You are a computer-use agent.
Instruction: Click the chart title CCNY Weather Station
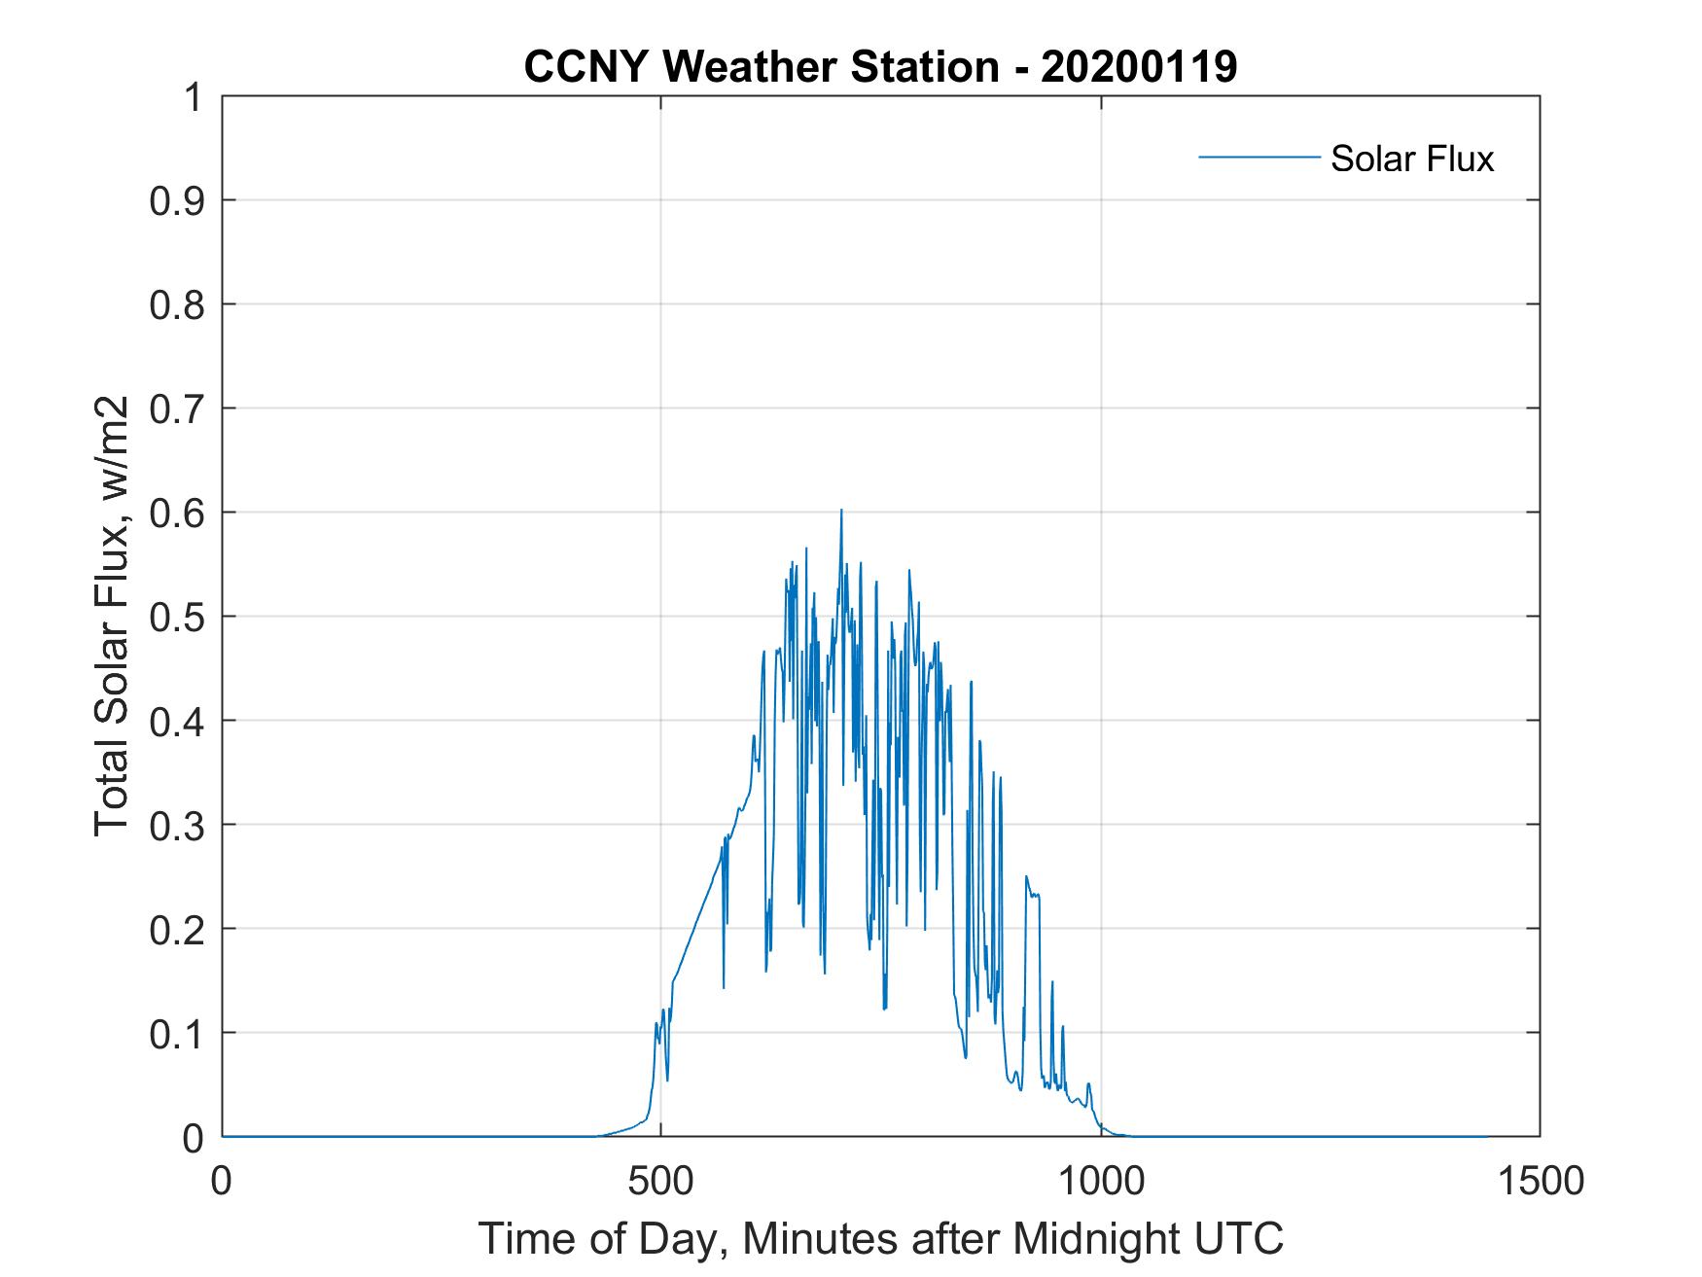click(880, 67)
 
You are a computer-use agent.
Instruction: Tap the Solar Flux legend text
click(1411, 159)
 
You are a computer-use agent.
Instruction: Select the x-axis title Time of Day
click(880, 1238)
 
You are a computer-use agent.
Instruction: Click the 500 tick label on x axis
click(661, 1182)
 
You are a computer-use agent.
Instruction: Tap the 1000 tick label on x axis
click(1101, 1182)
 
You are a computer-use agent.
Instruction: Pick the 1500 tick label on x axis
click(1540, 1182)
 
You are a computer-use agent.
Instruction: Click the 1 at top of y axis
click(192, 97)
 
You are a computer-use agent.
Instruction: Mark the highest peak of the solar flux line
click(841, 510)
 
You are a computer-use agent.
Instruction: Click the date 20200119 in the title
click(1139, 67)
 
